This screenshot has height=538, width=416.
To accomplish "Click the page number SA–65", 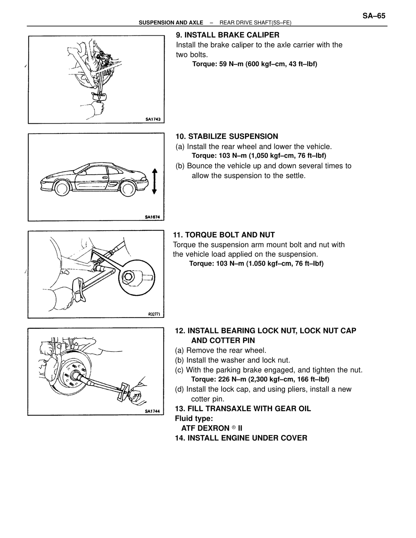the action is click(x=374, y=16).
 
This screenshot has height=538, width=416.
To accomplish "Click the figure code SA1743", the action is click(x=153, y=119).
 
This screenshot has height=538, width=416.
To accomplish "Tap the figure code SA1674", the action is click(x=153, y=217).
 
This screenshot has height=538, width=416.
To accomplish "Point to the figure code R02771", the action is click(x=154, y=314).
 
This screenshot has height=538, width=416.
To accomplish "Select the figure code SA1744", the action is click(x=152, y=411).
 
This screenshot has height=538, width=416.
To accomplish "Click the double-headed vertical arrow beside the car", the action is click(x=154, y=181).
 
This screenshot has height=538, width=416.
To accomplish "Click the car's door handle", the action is click(x=105, y=177).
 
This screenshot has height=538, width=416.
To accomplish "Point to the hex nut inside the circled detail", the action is click(x=128, y=277).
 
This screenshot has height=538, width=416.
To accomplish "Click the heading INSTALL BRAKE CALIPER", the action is click(x=232, y=35).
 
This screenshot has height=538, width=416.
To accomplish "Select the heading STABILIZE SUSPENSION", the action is click(x=233, y=137).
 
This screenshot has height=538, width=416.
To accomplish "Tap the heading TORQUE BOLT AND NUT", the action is click(x=230, y=234).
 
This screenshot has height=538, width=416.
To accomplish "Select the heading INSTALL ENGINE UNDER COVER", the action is click(x=247, y=438).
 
